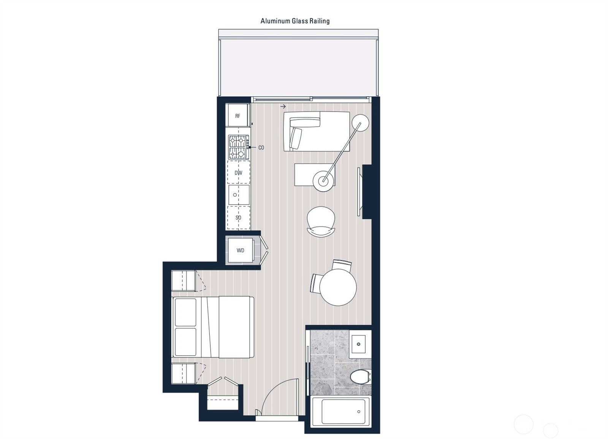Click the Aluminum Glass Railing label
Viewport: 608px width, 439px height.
[295, 21]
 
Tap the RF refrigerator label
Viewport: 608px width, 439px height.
[237, 116]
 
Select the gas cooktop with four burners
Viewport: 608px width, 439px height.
[238, 147]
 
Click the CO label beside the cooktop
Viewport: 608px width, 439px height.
[261, 148]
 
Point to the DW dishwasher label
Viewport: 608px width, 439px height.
[238, 173]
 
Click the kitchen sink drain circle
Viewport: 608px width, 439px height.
[235, 195]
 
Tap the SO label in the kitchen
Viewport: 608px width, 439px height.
[238, 218]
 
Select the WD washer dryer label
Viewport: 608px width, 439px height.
[240, 250]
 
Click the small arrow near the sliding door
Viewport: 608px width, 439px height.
[283, 107]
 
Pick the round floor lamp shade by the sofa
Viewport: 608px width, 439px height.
[360, 123]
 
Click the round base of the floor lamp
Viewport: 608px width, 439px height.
[323, 181]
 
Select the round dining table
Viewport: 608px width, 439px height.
[338, 287]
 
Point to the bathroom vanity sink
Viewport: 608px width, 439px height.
[358, 345]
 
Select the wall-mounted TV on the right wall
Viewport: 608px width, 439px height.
[359, 192]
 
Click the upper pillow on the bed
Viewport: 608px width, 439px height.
[185, 312]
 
